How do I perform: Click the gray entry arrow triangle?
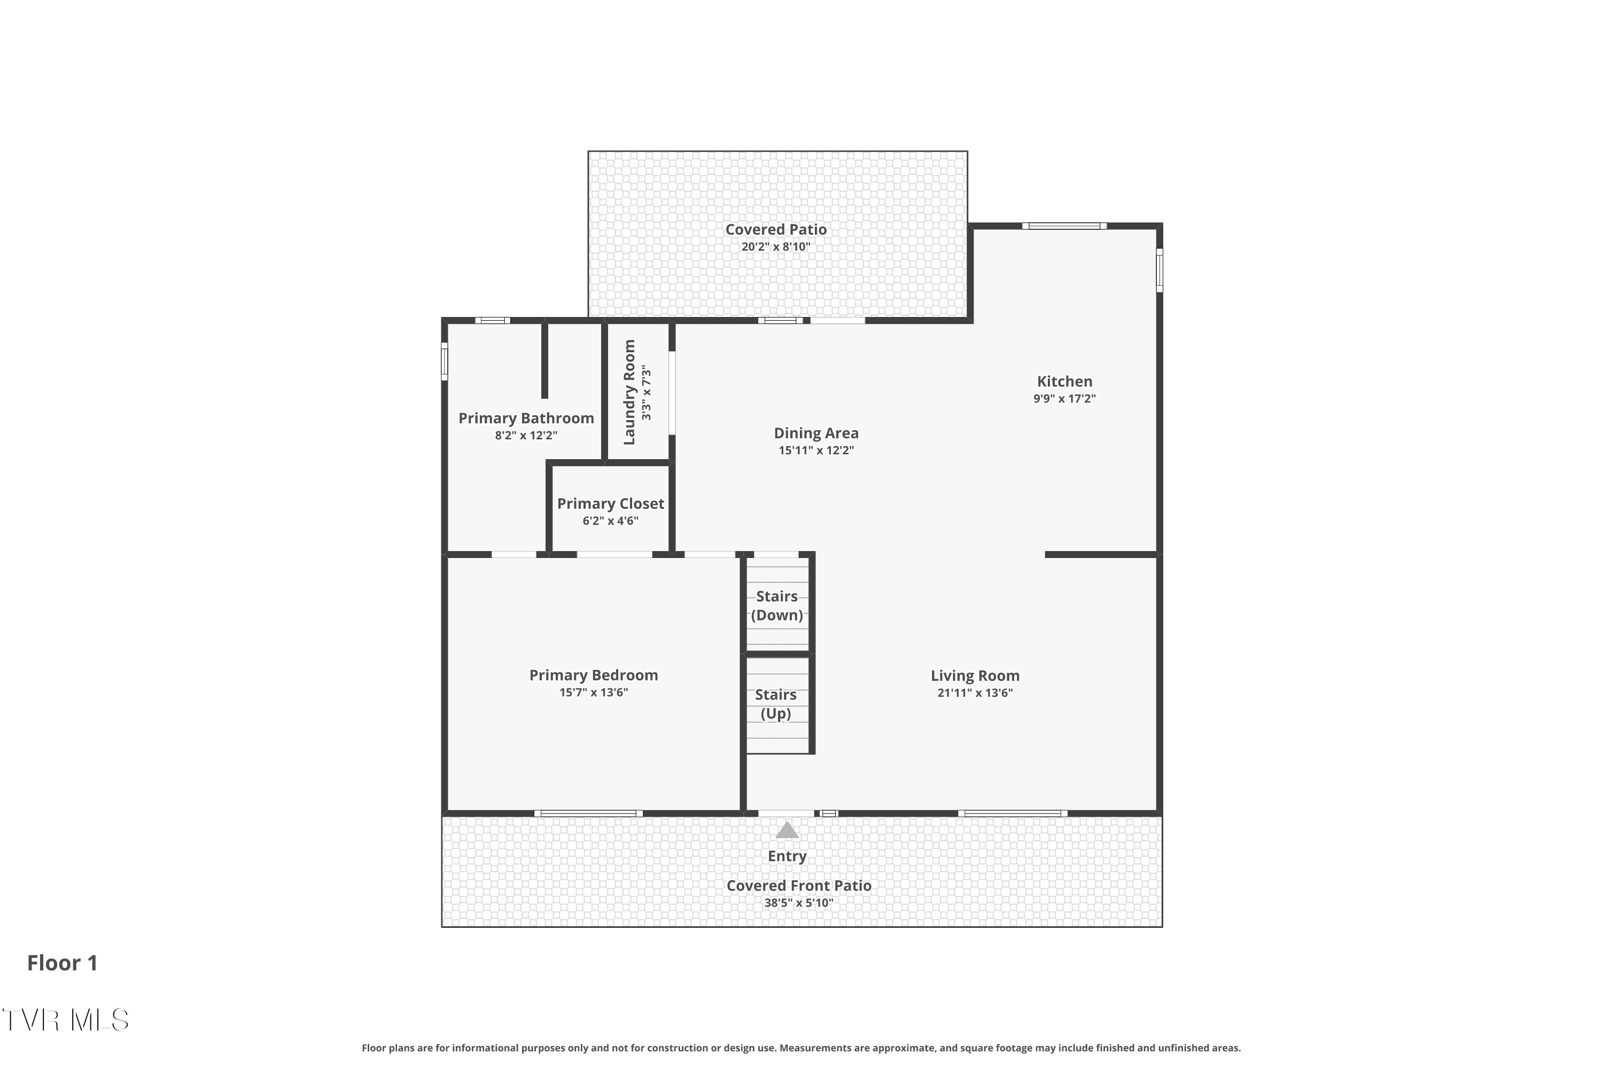[787, 831]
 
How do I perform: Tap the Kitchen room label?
[1064, 382]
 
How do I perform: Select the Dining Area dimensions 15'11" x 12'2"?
[816, 451]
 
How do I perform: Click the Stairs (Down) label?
[776, 606]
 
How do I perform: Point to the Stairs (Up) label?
[776, 703]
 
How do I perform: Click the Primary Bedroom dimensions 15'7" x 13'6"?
[593, 693]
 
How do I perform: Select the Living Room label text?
[975, 676]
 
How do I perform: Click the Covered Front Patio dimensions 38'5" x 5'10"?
[798, 903]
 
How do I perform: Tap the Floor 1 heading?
[63, 963]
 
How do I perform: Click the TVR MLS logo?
[65, 1020]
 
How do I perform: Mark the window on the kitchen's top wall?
[1064, 226]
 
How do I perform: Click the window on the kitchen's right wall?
[1160, 270]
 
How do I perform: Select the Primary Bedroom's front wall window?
[588, 814]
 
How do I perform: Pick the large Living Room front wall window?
[1013, 814]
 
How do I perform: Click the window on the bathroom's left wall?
[445, 361]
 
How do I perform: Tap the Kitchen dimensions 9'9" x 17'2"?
[1064, 399]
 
